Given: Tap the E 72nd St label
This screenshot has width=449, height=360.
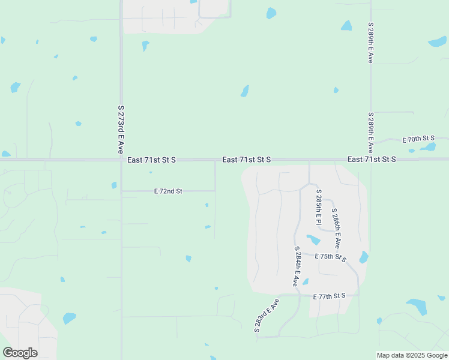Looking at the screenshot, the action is (168, 191).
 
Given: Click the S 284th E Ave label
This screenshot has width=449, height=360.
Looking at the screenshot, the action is (296, 266).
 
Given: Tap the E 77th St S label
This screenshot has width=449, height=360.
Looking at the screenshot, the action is (330, 296).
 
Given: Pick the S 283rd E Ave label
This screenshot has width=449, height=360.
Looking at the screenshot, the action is (267, 316).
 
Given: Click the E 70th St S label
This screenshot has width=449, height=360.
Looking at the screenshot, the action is (418, 139).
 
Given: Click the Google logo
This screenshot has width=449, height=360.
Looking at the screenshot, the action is (20, 353).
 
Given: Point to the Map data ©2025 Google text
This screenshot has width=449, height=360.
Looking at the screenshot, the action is (412, 355).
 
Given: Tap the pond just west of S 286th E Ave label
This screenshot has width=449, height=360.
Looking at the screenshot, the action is (313, 240).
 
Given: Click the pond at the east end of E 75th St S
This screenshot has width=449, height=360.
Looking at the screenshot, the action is (364, 257).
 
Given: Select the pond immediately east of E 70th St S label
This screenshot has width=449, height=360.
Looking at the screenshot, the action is (429, 147).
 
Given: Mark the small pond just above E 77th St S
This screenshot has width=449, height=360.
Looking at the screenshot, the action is (305, 282).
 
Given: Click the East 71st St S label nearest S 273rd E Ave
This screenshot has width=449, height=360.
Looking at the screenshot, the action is (151, 160).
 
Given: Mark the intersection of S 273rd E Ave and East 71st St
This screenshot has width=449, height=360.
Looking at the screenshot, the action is (121, 160).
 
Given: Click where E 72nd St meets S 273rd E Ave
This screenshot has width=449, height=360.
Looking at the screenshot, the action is (121, 191).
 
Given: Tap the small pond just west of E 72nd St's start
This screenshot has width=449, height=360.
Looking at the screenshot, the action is (114, 185).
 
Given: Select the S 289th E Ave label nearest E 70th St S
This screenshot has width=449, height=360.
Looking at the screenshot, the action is (371, 132).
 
